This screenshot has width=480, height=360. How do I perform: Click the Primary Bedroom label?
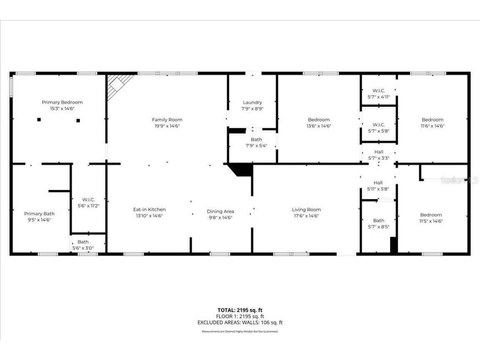tap(62, 102)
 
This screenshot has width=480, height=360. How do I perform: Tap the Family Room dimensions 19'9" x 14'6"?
tap(167, 126)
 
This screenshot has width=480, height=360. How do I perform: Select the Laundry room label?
tap(252, 102)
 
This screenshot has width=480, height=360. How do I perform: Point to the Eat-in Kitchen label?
tap(149, 210)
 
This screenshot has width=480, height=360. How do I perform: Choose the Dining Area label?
tap(220, 211)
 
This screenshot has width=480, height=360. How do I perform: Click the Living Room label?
tap(306, 210)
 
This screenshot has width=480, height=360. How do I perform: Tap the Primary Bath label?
tap(39, 214)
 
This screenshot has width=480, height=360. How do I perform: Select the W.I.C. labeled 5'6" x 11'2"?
tap(88, 202)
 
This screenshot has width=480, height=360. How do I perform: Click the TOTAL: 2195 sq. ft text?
tap(240, 310)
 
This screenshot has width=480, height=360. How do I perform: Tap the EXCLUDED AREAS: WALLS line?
tap(240, 322)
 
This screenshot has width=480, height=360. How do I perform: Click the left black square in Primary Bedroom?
tap(39, 120)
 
